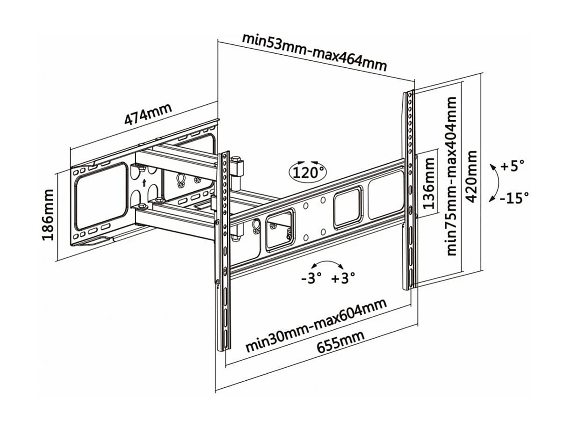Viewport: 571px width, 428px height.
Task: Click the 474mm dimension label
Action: click(x=148, y=114)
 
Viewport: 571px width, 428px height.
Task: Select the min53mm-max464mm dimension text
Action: click(x=314, y=51)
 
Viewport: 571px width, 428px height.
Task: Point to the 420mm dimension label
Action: click(x=472, y=176)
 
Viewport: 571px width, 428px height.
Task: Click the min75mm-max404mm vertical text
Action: click(x=451, y=176)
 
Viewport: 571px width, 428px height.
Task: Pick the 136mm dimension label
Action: click(x=429, y=183)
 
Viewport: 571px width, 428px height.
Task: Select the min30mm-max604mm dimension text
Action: click(x=317, y=326)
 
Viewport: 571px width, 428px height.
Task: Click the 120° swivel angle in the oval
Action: click(x=309, y=173)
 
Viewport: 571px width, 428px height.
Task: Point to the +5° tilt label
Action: click(x=513, y=166)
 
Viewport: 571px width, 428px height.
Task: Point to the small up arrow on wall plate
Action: click(x=144, y=182)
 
